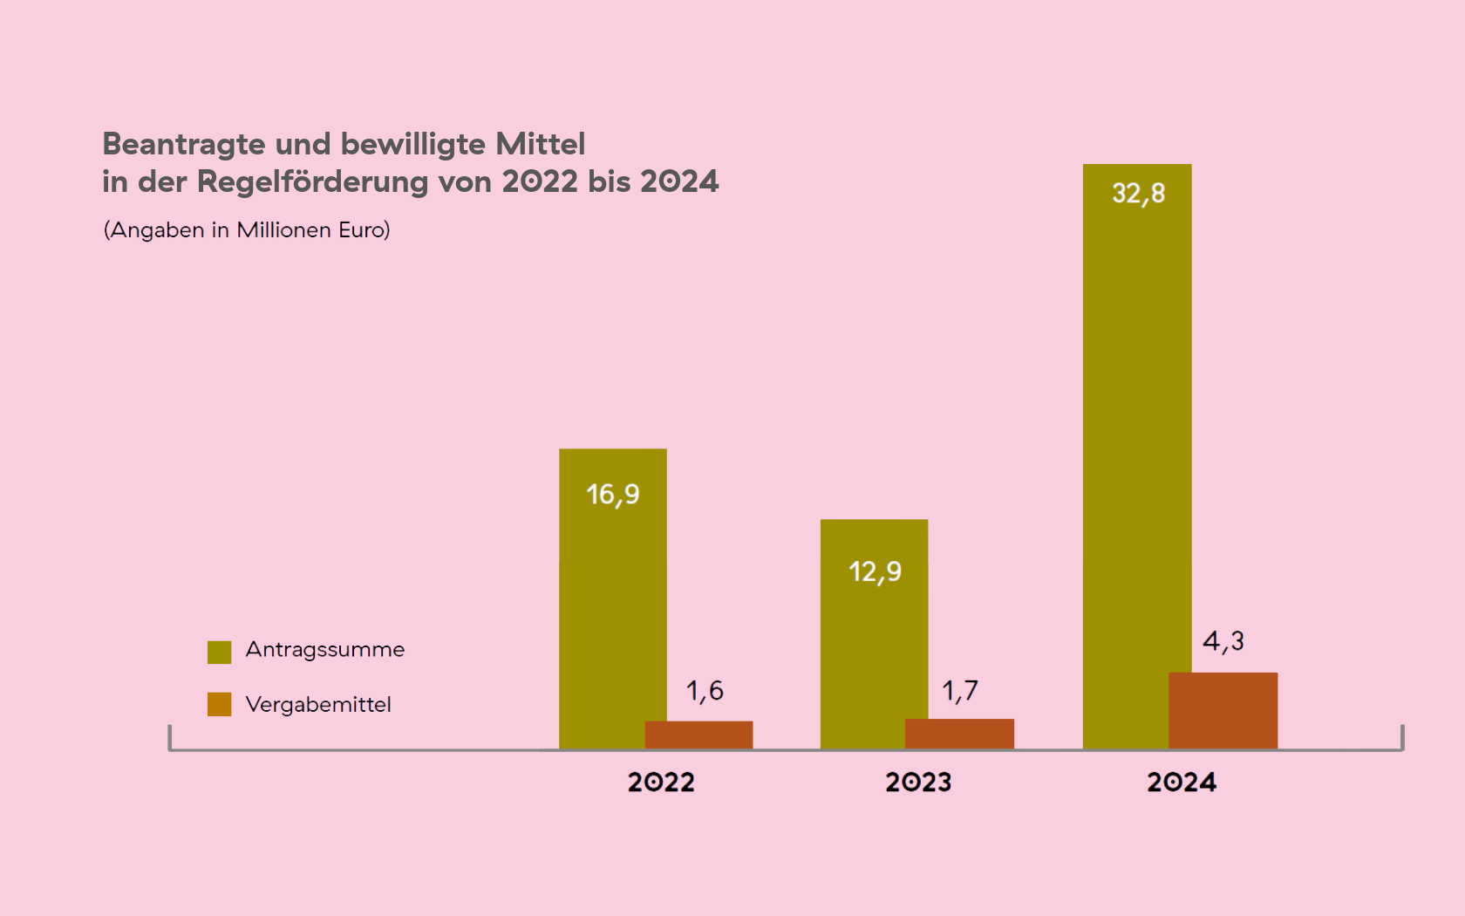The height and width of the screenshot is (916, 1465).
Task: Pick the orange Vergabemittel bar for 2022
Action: click(698, 735)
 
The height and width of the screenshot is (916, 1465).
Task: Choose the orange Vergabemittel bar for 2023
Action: click(959, 734)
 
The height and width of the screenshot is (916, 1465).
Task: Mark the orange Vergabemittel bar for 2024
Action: click(1223, 710)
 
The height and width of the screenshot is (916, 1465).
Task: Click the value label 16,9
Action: click(613, 495)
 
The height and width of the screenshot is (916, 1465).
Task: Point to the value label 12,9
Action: click(875, 572)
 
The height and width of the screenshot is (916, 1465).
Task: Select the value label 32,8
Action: click(1138, 194)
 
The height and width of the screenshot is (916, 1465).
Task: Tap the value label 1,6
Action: click(705, 691)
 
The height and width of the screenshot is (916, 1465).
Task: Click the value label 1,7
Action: click(960, 691)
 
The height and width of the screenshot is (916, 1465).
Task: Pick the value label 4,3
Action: click(1223, 642)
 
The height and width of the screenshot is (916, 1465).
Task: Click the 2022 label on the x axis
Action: click(661, 782)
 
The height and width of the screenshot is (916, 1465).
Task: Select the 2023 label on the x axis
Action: click(918, 782)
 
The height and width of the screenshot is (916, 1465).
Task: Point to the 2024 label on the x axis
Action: click(1181, 782)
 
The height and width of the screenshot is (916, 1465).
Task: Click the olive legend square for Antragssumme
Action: click(220, 652)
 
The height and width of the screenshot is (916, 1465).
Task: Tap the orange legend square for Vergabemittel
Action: click(220, 704)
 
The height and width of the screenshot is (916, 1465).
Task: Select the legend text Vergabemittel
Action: click(318, 704)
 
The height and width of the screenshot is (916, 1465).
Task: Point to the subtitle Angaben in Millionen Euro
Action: click(247, 229)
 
